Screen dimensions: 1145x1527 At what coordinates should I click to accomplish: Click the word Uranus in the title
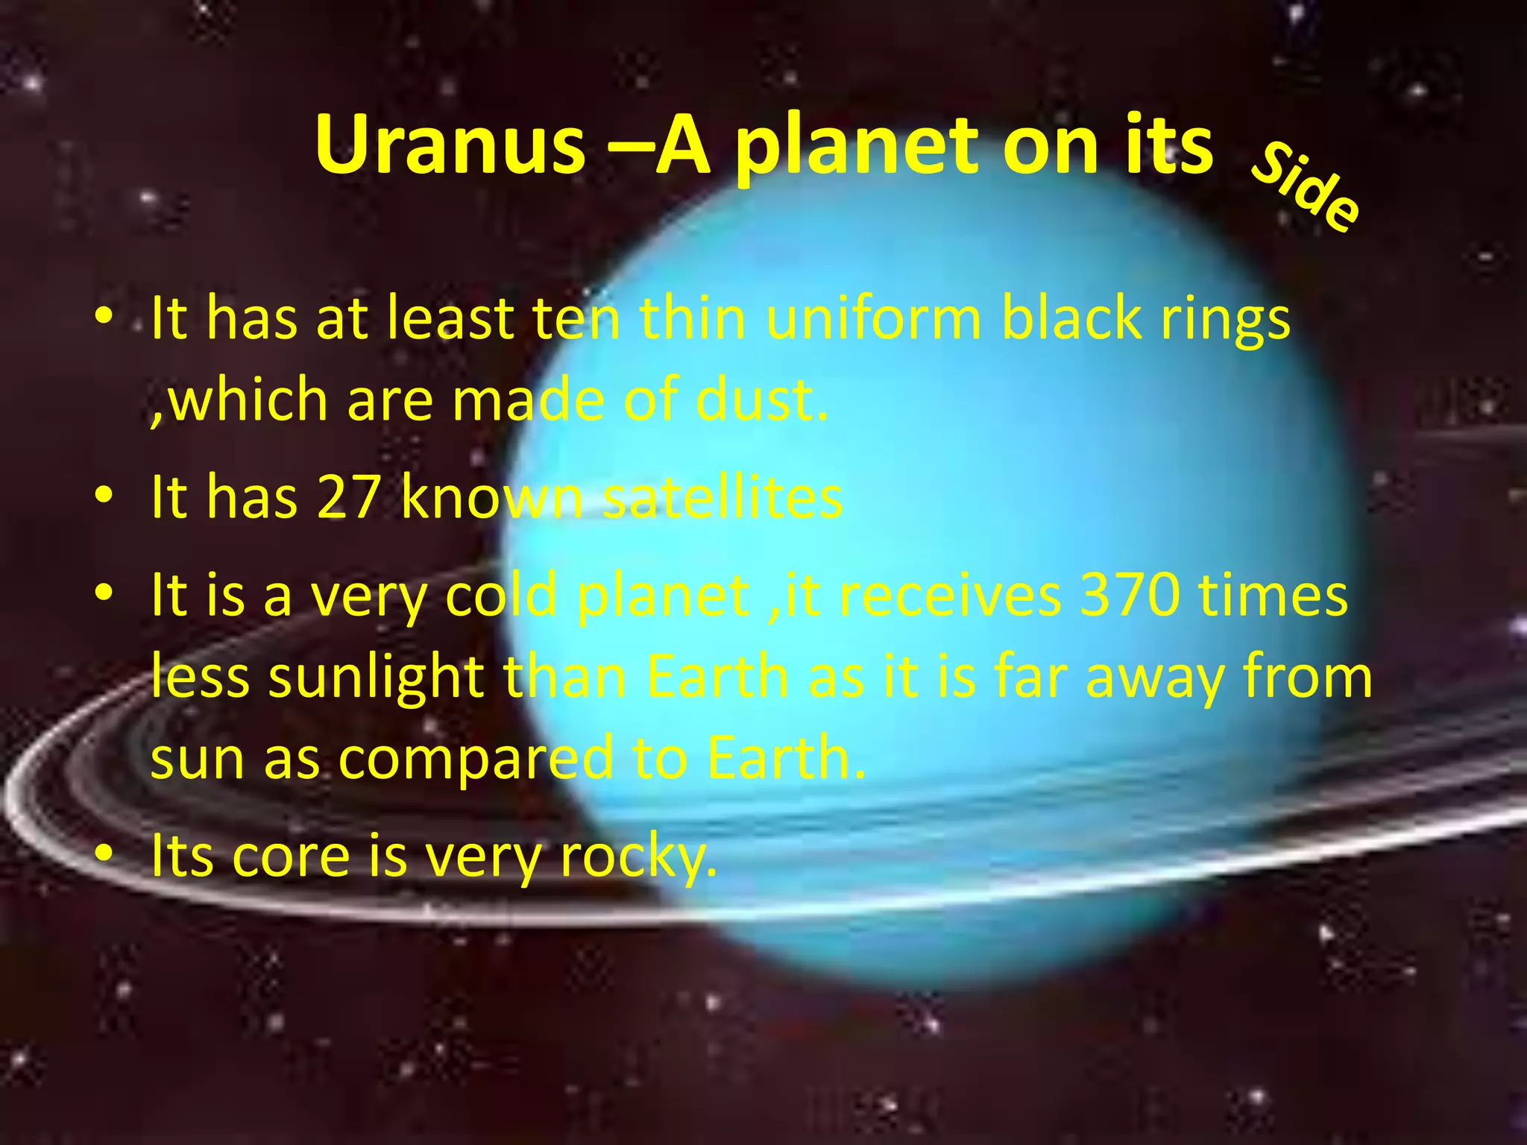tap(450, 145)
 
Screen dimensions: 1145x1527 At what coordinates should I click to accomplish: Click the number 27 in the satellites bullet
tap(348, 497)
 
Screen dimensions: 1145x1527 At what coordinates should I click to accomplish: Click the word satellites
tap(722, 497)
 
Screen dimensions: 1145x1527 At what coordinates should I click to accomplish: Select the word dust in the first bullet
tap(761, 400)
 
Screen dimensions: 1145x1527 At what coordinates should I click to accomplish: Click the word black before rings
tap(1069, 318)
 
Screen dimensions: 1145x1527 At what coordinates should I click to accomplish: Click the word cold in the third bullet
tap(501, 596)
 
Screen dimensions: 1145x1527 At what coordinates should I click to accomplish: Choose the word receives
tap(949, 596)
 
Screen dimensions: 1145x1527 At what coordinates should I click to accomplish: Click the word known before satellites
tap(492, 497)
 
